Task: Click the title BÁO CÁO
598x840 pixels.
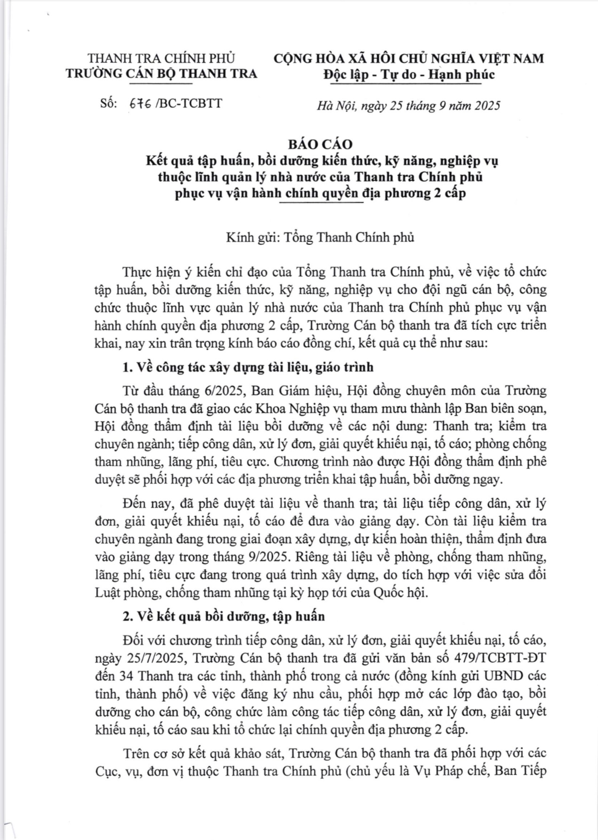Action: [321, 144]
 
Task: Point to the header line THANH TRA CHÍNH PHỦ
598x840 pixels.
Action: [161, 58]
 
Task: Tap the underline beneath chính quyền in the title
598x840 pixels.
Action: [321, 202]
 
